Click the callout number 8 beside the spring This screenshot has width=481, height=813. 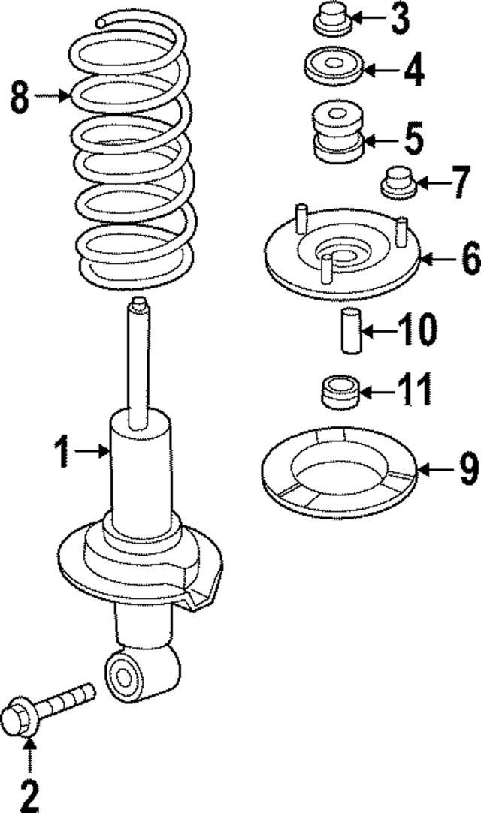click(20, 97)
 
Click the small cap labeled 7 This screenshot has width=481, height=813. click(400, 182)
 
